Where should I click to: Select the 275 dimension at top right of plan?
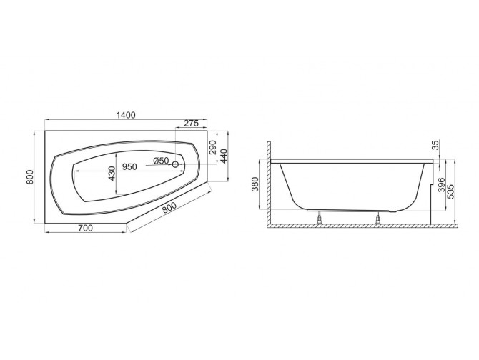click(x=192, y=123)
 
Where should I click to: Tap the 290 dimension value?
click(x=213, y=148)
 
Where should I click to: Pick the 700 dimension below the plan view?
click(x=84, y=228)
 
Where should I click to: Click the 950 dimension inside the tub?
click(x=129, y=167)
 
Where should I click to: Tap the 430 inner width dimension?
click(x=111, y=175)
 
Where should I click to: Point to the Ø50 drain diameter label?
click(x=161, y=161)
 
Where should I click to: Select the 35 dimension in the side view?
click(x=437, y=147)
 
